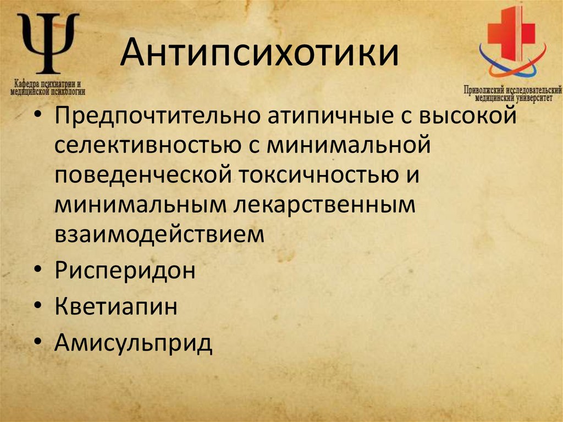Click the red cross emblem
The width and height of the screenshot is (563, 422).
[511, 33]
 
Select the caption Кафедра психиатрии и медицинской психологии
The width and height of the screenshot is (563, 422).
[48, 86]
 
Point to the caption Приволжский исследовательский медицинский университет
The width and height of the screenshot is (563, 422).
[512, 92]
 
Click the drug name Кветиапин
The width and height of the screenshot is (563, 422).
[115, 306]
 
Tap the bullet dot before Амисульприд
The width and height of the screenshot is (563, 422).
[36, 342]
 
